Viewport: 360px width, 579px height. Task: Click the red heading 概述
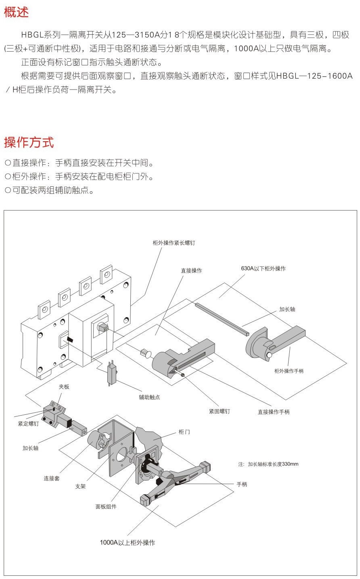(17, 12)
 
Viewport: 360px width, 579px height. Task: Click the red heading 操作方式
(29, 142)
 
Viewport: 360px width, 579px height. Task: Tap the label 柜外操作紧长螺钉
(174, 243)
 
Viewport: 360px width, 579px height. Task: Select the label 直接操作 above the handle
(191, 270)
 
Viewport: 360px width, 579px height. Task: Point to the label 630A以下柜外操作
(263, 268)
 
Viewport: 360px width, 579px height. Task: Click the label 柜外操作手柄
(289, 371)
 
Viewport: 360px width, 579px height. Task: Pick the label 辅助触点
(149, 397)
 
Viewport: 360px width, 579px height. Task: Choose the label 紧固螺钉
(219, 411)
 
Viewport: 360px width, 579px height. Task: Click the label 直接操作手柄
(273, 412)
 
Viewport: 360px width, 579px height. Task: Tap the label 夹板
(64, 387)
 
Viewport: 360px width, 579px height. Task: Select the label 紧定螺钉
(28, 424)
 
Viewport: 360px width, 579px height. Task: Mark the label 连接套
(52, 478)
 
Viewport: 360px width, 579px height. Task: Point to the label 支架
(80, 486)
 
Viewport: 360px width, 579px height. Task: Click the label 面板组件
(106, 506)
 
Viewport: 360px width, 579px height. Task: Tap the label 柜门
(184, 432)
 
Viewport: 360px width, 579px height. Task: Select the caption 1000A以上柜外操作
(127, 542)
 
